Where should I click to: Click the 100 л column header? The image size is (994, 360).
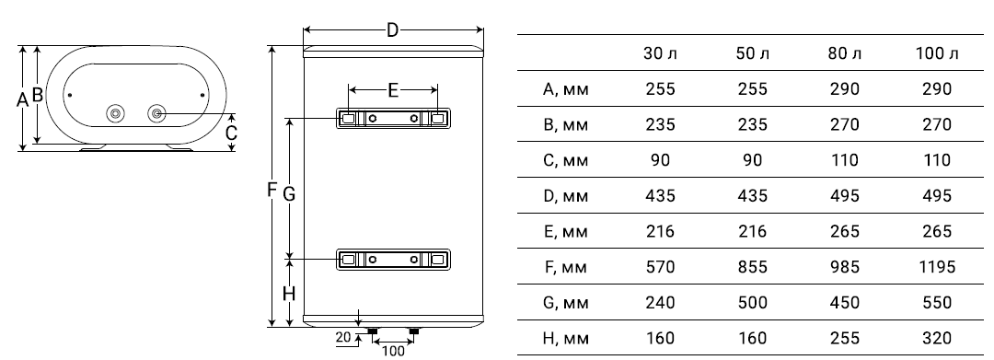click(937, 53)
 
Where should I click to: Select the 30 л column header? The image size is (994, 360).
click(661, 53)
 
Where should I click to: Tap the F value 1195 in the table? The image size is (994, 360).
click(937, 267)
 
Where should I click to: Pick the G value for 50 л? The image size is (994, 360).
click(753, 302)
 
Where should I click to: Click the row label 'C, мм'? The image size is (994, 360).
click(566, 160)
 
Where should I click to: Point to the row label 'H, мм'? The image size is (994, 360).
click(566, 339)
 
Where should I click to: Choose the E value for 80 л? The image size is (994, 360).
click(845, 231)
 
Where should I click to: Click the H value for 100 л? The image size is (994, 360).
click(937, 339)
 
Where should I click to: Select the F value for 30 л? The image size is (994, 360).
click(661, 267)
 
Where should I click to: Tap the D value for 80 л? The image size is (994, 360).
click(845, 196)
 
